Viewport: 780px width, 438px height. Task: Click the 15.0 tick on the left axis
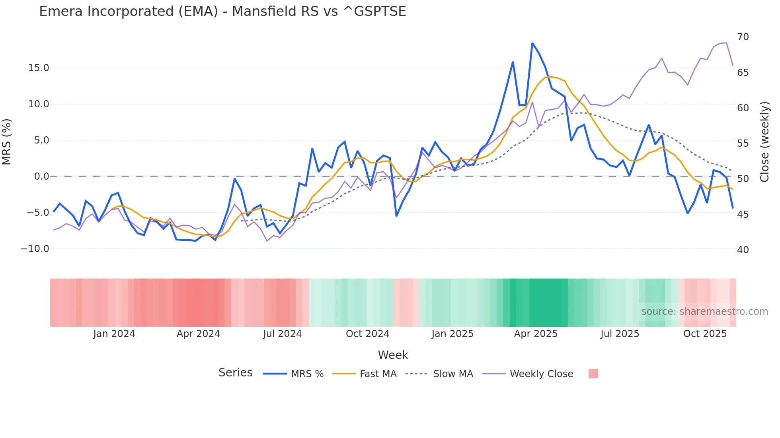[39, 68]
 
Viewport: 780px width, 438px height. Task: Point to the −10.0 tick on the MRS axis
[35, 249]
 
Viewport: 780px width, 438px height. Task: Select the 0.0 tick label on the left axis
[41, 176]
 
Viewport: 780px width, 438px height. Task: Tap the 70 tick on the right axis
[743, 37]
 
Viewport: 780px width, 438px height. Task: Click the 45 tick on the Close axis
[743, 215]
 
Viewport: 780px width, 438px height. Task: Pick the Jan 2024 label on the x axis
[114, 334]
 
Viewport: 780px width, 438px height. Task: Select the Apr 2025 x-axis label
[536, 334]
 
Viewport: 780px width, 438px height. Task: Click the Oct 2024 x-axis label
[367, 334]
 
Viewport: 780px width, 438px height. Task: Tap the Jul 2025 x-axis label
[620, 334]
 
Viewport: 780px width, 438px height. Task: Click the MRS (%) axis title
[7, 142]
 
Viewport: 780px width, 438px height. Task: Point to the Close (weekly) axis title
[764, 142]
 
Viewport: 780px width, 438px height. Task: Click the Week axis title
[393, 355]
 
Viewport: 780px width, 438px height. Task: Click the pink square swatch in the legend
[593, 374]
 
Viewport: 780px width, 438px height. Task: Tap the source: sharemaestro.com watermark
[704, 312]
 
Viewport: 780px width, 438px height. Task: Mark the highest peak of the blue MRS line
[532, 43]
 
